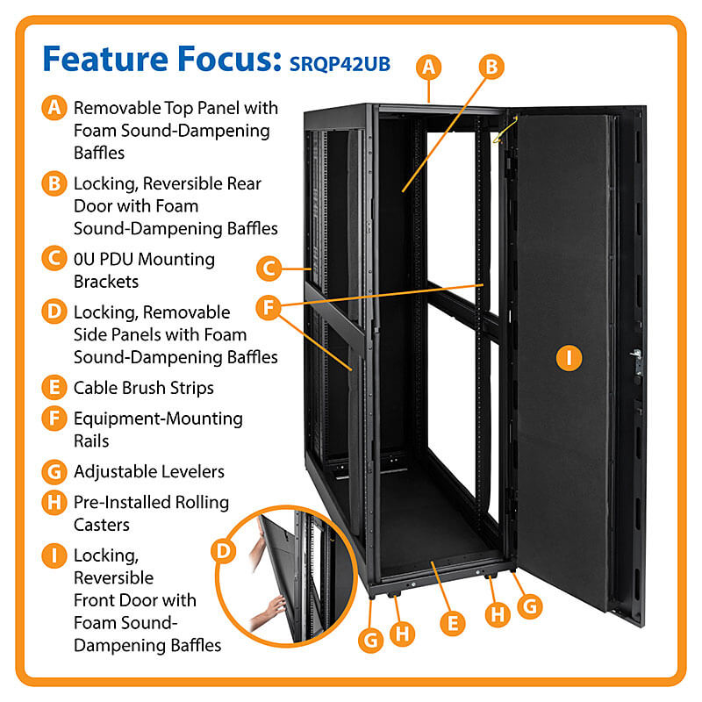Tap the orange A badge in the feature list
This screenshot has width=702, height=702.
pyautogui.click(x=54, y=108)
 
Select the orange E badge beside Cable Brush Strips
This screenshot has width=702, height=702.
pyautogui.click(x=54, y=387)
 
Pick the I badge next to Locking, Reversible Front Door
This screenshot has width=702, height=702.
pyautogui.click(x=54, y=555)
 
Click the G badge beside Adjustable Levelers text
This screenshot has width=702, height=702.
pyautogui.click(x=54, y=471)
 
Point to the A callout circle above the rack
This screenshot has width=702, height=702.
pyautogui.click(x=427, y=66)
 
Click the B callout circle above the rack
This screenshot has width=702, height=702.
pyautogui.click(x=491, y=66)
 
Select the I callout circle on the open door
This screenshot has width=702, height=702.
pyautogui.click(x=569, y=356)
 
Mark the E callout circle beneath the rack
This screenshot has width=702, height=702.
pyautogui.click(x=452, y=623)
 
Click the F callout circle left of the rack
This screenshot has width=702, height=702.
pyautogui.click(x=269, y=308)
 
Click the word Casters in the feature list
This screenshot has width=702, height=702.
pyautogui.click(x=101, y=524)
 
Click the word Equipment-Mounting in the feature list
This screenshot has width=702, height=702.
pyautogui.click(x=158, y=419)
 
